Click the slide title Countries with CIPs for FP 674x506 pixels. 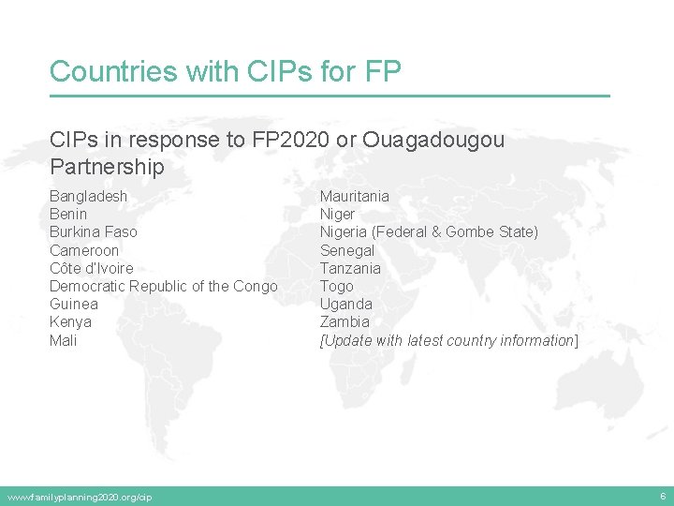coord(225,71)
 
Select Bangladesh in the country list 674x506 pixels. coord(88,196)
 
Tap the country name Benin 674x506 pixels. coord(68,214)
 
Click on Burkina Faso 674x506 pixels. coord(93,231)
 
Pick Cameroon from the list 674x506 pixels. coord(84,250)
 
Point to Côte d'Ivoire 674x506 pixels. coord(91,268)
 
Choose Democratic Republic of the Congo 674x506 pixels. coord(163,286)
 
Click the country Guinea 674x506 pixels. coord(73,304)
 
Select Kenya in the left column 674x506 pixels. coord(70,321)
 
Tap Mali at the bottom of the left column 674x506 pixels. coord(63,340)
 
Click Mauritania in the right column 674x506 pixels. coord(355,196)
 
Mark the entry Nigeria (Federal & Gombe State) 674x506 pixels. coord(429,231)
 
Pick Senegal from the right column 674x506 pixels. coord(347,250)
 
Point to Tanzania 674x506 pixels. coord(350,268)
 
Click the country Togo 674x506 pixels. coord(337,286)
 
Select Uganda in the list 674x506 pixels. coord(346,304)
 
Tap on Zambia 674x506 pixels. coord(344,321)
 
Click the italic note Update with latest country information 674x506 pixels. coord(449,340)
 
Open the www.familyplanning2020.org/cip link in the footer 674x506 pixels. coord(80,497)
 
